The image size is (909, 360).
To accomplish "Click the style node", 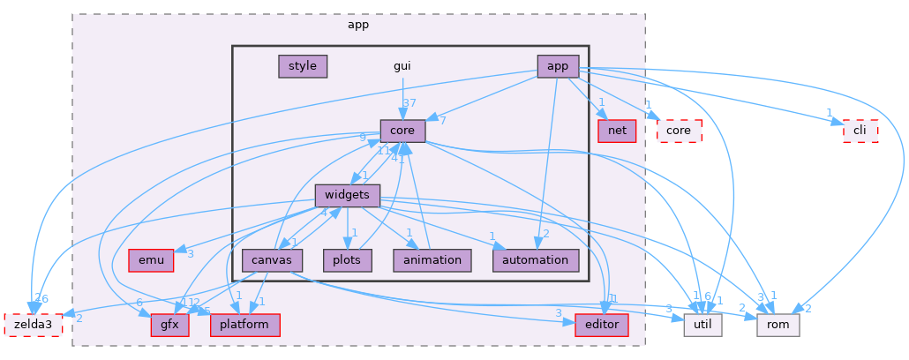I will click(303, 66).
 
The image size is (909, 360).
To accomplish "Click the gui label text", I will click(402, 66).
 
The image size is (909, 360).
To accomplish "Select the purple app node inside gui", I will click(558, 66).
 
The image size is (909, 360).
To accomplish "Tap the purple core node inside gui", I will click(402, 131).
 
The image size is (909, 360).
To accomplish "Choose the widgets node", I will click(348, 195).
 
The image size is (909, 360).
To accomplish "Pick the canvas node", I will click(273, 260).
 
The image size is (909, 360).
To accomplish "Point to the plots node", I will click(347, 260).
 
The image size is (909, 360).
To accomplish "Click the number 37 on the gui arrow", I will click(409, 103).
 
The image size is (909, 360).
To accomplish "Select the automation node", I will click(535, 260).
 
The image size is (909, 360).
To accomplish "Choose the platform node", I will click(244, 325).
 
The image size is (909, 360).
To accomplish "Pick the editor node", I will click(601, 325).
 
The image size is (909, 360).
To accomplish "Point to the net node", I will click(617, 131).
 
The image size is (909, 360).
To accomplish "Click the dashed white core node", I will click(679, 131).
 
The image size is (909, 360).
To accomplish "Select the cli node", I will click(860, 131).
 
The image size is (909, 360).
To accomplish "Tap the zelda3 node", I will click(34, 325).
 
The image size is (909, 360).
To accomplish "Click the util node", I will click(703, 325).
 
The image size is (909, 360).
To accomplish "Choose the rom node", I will click(778, 325).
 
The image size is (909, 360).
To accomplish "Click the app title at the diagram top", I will click(358, 25).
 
